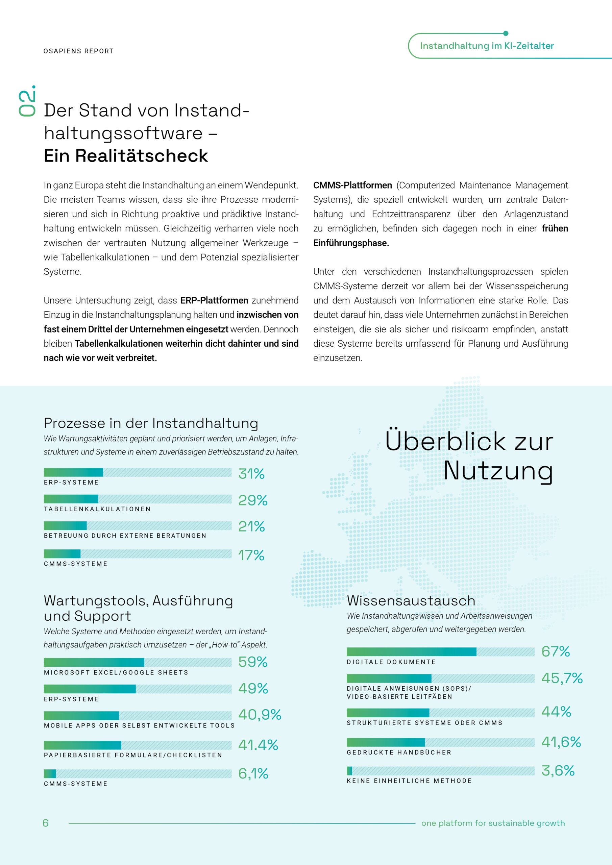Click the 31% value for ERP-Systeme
point(251,474)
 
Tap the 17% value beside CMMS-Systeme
point(251,555)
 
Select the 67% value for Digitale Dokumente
point(556,651)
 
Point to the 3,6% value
point(558,770)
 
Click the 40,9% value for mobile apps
point(260,714)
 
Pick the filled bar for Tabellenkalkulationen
point(71,499)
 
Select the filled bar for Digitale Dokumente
point(411,652)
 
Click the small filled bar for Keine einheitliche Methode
point(349,771)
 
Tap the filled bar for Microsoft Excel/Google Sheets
point(94,662)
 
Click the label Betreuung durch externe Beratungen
point(125,536)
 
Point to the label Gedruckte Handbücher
point(399,752)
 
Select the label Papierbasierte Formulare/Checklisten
point(133,755)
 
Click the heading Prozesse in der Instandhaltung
point(151,423)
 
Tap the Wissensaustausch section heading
point(411,600)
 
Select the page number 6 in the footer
point(46,823)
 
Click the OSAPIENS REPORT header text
point(78,51)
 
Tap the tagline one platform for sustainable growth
point(493,823)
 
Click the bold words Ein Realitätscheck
point(126,155)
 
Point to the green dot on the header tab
point(506,33)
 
